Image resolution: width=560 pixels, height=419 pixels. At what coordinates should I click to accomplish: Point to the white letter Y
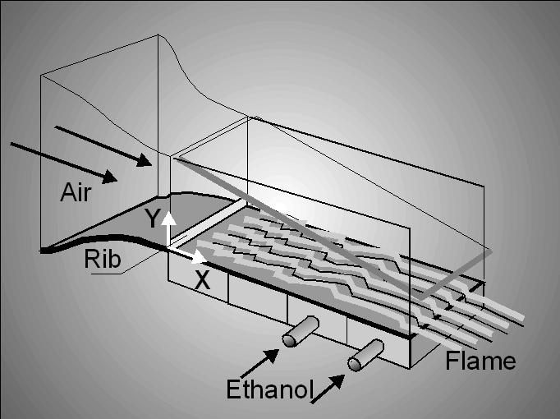pos(151,218)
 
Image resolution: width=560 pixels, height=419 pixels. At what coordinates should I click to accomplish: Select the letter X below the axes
pos(202,279)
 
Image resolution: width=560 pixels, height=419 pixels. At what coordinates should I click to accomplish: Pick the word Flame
pos(481,361)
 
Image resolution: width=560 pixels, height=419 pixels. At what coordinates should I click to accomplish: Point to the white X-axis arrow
pos(186,252)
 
